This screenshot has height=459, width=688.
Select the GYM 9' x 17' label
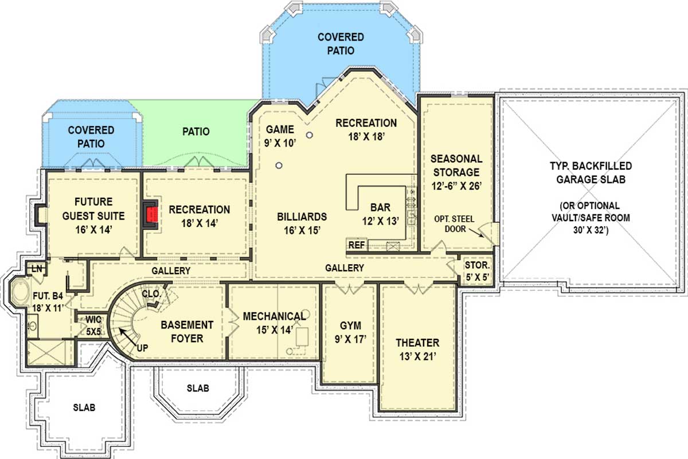pos(350,332)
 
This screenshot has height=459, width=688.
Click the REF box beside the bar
pos(355,245)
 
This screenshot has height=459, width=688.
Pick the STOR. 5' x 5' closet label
pos(477,272)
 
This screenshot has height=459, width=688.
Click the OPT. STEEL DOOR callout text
pos(457,225)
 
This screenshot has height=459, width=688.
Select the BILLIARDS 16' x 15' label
pos(302,223)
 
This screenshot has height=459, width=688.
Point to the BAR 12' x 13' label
pos(380,213)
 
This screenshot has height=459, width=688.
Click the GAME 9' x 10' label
pos(280,136)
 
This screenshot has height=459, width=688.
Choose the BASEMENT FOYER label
pos(187,331)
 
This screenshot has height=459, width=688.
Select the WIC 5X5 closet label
pos(93,324)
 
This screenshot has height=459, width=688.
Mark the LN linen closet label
pos(37,269)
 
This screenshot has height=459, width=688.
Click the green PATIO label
pos(196,132)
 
